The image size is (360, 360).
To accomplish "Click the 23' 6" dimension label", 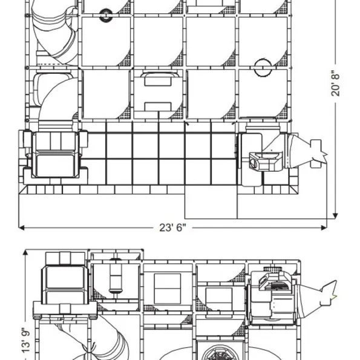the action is (172, 227).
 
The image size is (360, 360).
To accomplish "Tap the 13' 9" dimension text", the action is (26, 340).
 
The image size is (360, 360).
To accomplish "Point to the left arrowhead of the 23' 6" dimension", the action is (21, 227).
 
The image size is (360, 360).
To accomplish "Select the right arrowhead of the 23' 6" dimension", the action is (324, 227).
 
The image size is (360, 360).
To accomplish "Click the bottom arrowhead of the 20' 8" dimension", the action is (335, 215).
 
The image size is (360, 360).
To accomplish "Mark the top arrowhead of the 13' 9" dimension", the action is (25, 252).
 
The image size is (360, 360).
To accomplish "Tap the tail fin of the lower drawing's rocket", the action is (329, 293).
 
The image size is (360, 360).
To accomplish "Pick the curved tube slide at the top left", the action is (55, 32).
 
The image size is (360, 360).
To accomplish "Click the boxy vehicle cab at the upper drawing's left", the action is (55, 154).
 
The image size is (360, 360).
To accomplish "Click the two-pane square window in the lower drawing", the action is (168, 289).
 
